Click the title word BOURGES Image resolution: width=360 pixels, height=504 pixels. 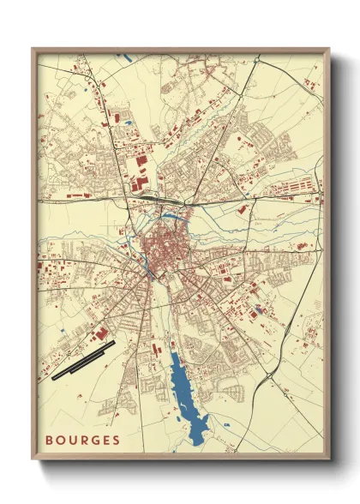[x=82, y=441]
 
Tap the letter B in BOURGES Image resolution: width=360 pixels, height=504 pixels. [x=50, y=441]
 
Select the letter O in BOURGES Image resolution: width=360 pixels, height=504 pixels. [x=60, y=441]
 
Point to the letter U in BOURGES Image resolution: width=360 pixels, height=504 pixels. [x=71, y=441]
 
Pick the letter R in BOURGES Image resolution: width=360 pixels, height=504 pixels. [x=82, y=441]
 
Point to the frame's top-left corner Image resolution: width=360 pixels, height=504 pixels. [x=33, y=49]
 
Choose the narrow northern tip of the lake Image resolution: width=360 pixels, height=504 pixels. [x=174, y=353]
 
